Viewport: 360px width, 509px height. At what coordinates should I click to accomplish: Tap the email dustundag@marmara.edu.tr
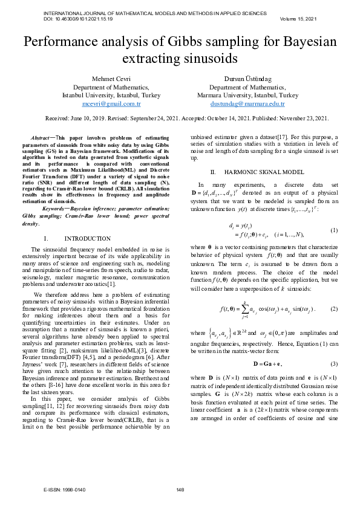click(247, 103)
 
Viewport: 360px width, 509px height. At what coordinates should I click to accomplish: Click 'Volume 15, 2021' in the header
click(298, 19)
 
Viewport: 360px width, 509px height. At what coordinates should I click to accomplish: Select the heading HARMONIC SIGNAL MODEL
click(261, 172)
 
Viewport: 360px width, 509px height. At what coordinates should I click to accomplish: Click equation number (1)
click(333, 230)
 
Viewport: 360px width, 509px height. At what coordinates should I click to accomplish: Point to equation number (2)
click(333, 308)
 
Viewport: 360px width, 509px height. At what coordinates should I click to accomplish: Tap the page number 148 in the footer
click(180, 489)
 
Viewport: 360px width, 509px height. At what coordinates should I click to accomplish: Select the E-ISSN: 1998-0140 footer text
click(65, 489)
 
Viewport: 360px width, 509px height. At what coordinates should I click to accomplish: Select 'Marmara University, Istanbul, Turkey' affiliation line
click(247, 96)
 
